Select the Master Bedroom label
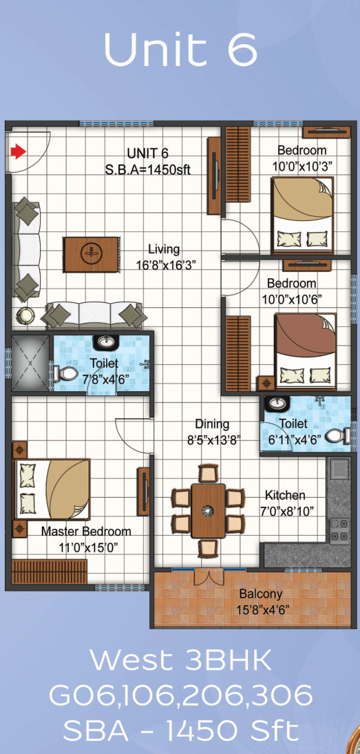pyautogui.click(x=86, y=532)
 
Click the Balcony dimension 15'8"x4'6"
pyautogui.click(x=262, y=610)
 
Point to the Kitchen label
pyautogui.click(x=285, y=495)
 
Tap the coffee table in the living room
pyautogui.click(x=92, y=254)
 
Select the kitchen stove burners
pyautogui.click(x=339, y=529)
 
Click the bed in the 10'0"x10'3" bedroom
pyautogui.click(x=302, y=215)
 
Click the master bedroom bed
pyautogui.click(x=52, y=489)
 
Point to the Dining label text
pyautogui.click(x=212, y=425)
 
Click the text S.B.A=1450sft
pyautogui.click(x=148, y=169)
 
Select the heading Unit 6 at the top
pyautogui.click(x=180, y=50)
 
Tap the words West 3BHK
pyautogui.click(x=180, y=662)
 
